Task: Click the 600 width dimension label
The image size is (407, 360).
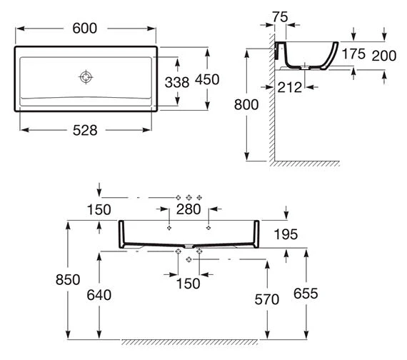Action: [x=85, y=28]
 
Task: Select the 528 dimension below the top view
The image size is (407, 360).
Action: [x=85, y=130]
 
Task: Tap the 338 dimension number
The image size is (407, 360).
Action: [x=177, y=82]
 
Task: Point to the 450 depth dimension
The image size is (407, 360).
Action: [x=207, y=79]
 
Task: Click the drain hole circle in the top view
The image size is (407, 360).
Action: [x=86, y=77]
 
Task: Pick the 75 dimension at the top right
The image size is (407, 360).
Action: [x=280, y=17]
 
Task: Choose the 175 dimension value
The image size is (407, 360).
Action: [x=353, y=54]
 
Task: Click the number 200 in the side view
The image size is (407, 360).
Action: [x=384, y=56]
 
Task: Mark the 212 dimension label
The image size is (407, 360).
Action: [x=290, y=87]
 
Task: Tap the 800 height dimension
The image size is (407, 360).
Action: [x=246, y=105]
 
